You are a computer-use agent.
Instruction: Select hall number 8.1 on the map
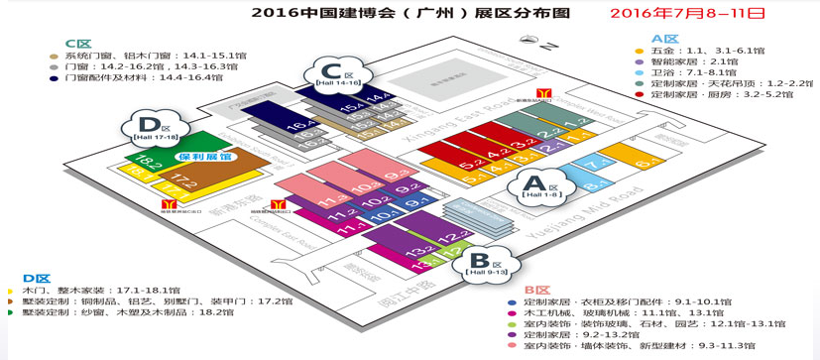[591, 184]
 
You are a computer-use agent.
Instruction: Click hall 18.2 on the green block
[149, 161]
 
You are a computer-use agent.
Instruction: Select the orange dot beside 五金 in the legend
[640, 50]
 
